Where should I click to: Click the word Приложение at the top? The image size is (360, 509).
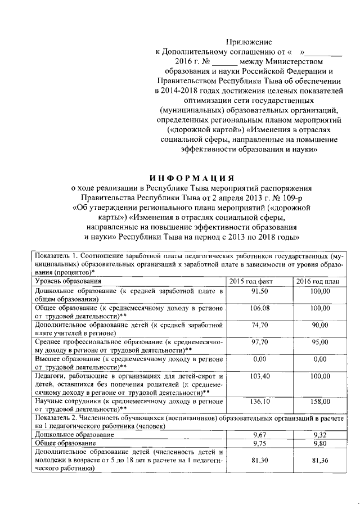tap(249, 42)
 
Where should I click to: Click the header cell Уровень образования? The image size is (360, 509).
tap(68, 281)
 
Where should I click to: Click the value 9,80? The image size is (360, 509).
tap(319, 443)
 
